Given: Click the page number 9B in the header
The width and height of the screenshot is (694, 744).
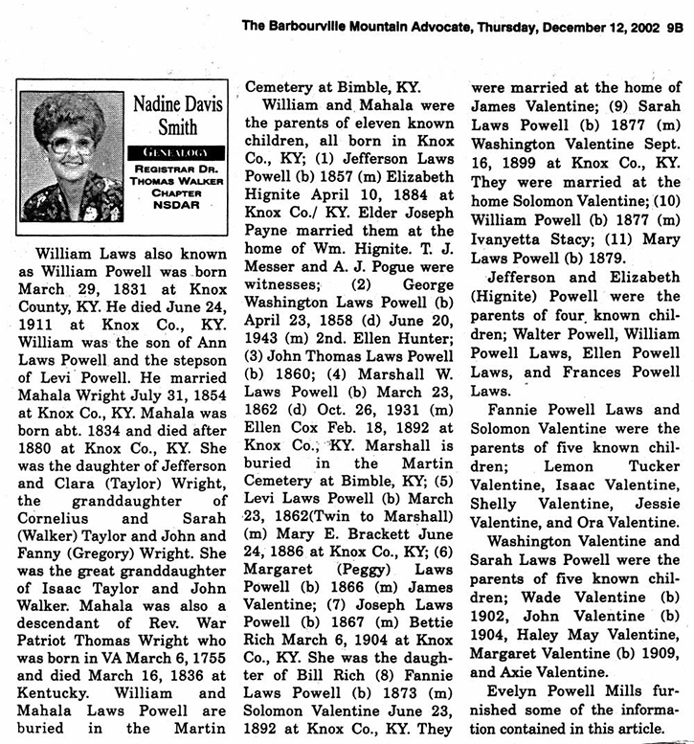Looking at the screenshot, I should point(676,29).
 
